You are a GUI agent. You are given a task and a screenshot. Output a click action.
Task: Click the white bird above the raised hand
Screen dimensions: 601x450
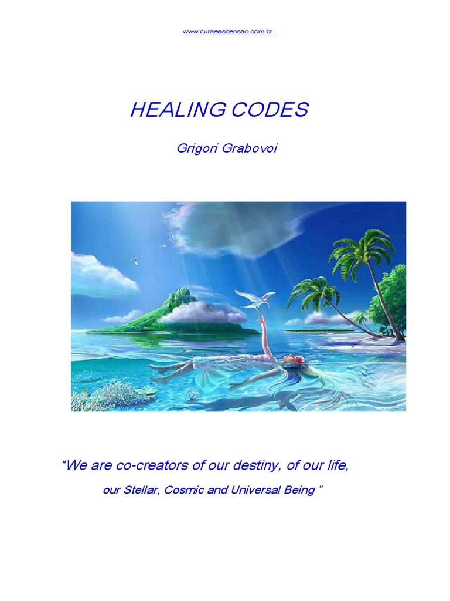tap(255, 298)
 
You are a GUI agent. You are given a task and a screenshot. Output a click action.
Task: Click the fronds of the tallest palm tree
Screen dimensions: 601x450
tap(362, 249)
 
